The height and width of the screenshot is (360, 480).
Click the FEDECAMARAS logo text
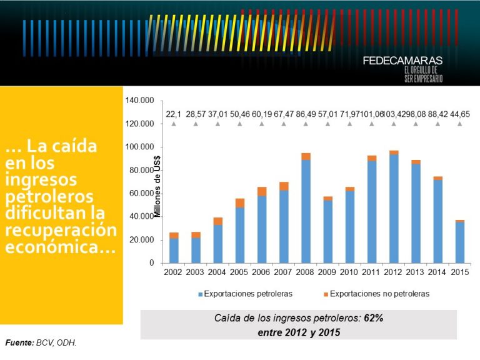click(x=402, y=61)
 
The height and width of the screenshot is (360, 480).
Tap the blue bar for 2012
click(x=394, y=209)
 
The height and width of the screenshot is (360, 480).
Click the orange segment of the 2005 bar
click(x=240, y=202)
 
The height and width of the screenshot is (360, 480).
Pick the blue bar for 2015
click(x=459, y=242)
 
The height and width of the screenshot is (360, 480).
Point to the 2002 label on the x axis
click(x=174, y=272)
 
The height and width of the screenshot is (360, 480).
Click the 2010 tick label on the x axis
click(x=349, y=272)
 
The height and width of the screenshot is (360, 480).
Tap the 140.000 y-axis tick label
click(x=140, y=101)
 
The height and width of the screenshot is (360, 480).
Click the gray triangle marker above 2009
click(x=327, y=124)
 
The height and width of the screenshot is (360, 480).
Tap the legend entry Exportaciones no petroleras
click(x=375, y=293)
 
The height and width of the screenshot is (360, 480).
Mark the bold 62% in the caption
click(x=373, y=318)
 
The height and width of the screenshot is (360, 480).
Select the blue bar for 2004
click(x=217, y=244)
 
